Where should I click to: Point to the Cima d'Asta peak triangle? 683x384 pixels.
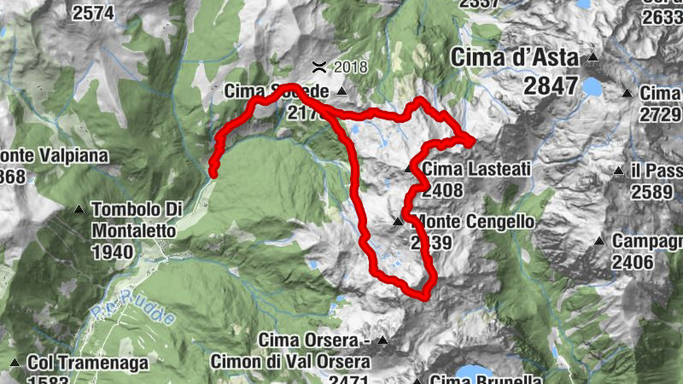(592, 59)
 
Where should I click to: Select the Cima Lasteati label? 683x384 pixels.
(476, 170)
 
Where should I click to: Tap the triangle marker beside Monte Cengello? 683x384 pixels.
(397, 222)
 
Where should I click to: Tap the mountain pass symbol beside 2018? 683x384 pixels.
(318, 66)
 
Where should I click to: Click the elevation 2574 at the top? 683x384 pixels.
(94, 13)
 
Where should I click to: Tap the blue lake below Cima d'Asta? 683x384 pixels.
(591, 86)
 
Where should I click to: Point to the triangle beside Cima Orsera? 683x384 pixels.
(382, 340)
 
